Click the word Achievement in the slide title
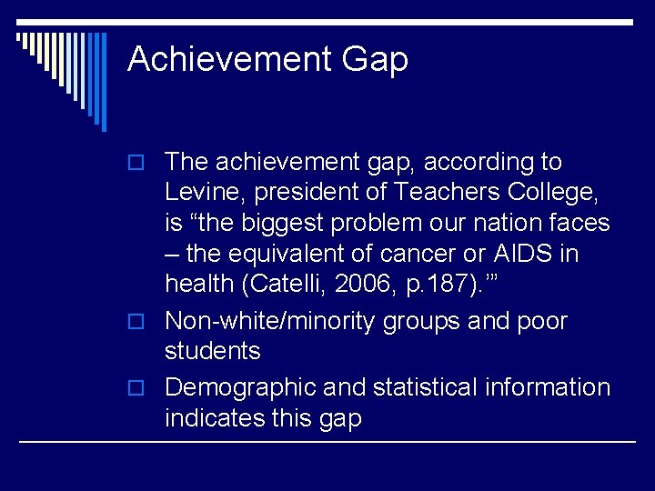[228, 59]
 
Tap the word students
[212, 351]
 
